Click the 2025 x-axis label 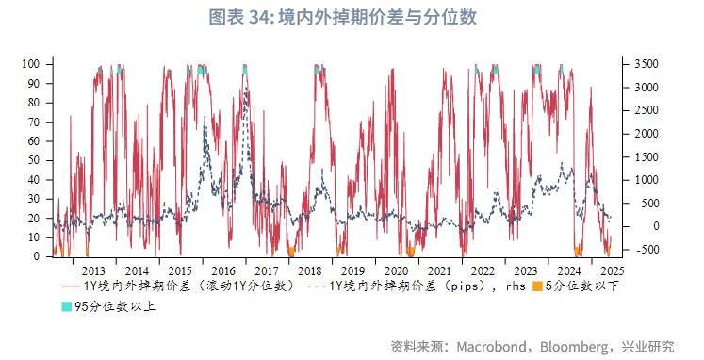(614, 270)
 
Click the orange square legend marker (537, 286)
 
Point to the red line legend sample (69, 286)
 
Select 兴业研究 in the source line (648, 346)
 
